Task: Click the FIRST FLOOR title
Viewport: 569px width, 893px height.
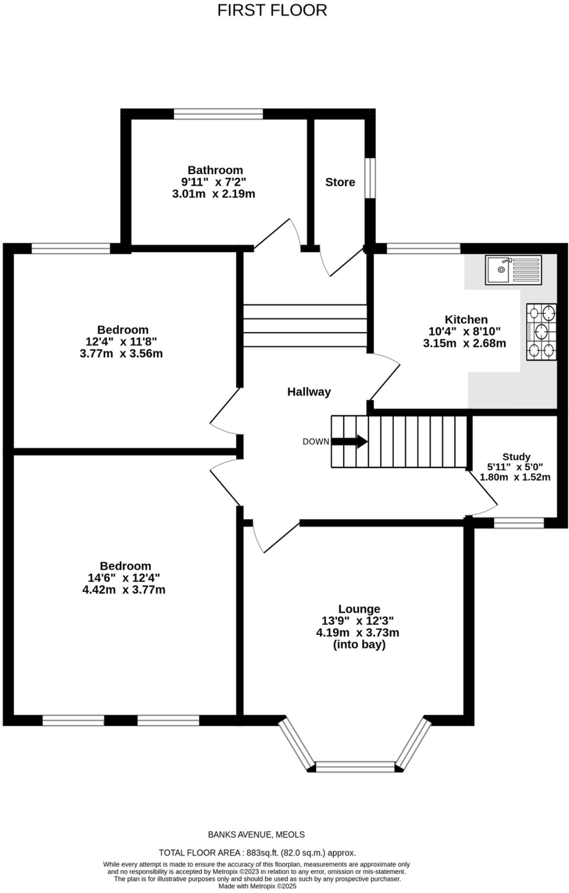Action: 272,10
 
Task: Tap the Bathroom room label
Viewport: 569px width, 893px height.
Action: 215,170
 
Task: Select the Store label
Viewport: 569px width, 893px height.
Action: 340,182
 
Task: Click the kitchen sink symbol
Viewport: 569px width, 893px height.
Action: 513,270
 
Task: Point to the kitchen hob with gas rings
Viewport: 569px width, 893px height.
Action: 541,332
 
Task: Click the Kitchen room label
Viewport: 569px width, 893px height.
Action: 466,320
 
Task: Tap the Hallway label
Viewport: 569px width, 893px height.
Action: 309,392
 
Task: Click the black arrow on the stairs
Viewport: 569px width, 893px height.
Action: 349,441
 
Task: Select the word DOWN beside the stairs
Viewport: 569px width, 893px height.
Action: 316,442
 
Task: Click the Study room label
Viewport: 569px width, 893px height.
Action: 516,457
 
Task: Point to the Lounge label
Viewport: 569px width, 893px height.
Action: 359,609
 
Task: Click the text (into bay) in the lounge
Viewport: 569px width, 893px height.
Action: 359,645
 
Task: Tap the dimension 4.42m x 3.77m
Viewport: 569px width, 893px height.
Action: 124,590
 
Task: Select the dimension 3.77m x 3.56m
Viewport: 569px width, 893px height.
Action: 121,354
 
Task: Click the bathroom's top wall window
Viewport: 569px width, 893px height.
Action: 218,114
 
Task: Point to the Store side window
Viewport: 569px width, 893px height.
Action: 370,177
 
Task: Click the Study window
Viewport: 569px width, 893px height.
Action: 519,523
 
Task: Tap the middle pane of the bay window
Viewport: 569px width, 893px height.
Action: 356,767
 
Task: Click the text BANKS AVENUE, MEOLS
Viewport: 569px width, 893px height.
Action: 256,835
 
